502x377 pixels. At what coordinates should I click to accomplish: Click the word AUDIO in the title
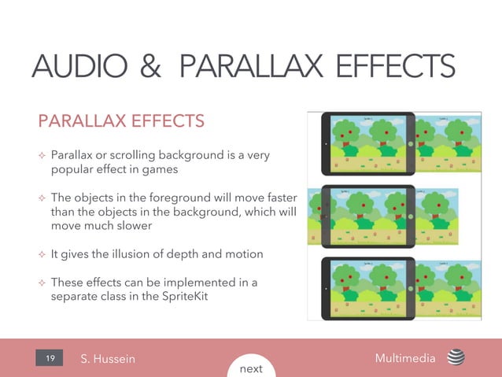74,65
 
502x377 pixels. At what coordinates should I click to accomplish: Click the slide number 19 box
50,359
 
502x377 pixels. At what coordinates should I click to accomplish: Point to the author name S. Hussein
108,359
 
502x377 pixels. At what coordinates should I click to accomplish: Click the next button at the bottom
251,368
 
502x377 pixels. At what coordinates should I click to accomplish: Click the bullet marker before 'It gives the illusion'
42,254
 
